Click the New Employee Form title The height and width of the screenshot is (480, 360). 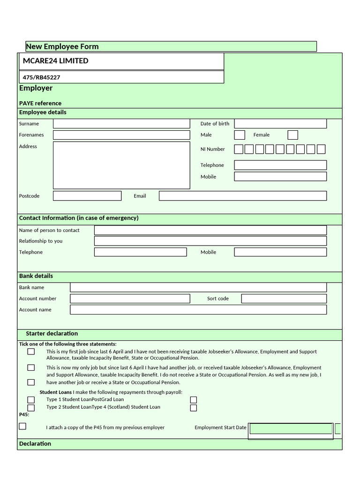[x=62, y=46]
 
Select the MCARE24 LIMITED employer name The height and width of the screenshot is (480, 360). [x=55, y=61]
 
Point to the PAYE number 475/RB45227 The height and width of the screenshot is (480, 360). [x=42, y=77]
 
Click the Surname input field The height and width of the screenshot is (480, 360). [x=121, y=124]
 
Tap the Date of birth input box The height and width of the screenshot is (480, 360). [x=280, y=124]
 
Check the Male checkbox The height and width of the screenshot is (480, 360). [x=240, y=135]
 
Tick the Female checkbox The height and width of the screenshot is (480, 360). [x=293, y=135]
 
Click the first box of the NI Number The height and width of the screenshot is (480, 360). [x=239, y=150]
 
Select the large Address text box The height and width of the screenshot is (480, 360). [x=121, y=165]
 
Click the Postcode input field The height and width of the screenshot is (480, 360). [x=87, y=196]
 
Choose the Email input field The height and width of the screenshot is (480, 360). [x=243, y=196]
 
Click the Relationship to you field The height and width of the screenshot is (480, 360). [x=210, y=241]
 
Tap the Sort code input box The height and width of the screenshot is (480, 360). [x=284, y=299]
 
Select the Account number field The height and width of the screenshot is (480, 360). [x=130, y=299]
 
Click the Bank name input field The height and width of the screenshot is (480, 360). [x=198, y=287]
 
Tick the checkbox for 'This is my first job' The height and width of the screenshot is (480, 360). [x=31, y=352]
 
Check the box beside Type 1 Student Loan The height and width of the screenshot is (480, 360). [x=31, y=400]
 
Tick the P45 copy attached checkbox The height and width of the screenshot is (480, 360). [x=22, y=426]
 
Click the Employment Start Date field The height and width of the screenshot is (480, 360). [x=291, y=428]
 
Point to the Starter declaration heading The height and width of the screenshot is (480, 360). [x=52, y=334]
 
